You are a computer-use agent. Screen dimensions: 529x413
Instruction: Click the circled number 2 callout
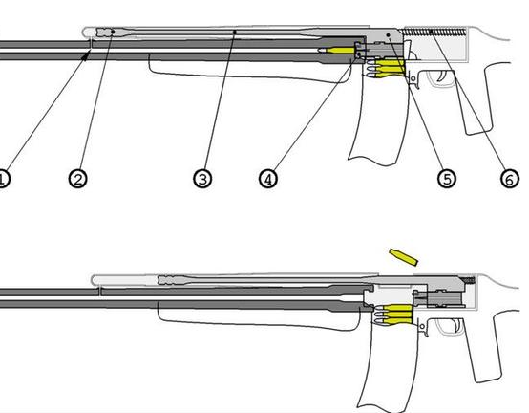click(78, 179)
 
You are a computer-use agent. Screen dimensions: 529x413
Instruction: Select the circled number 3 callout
click(202, 179)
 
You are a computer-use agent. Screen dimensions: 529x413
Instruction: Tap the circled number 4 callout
click(268, 179)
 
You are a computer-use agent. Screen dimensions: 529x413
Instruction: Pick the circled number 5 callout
click(447, 179)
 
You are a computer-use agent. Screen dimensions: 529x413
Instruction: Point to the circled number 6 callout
click(510, 179)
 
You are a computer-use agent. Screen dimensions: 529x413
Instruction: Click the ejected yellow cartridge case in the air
click(404, 256)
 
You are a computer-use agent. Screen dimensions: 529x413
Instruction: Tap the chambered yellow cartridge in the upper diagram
click(336, 51)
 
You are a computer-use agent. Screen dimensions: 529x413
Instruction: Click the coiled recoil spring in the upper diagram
click(434, 33)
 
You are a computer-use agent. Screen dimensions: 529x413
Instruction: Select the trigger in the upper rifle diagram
click(442, 76)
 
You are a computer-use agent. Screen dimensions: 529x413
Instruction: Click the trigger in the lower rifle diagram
click(456, 326)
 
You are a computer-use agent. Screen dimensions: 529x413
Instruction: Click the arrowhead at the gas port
click(86, 55)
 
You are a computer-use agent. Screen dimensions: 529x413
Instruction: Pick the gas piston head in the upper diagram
click(106, 33)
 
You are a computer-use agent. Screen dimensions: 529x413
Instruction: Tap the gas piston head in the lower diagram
click(168, 280)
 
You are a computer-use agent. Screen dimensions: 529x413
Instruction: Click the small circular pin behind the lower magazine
click(422, 327)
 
